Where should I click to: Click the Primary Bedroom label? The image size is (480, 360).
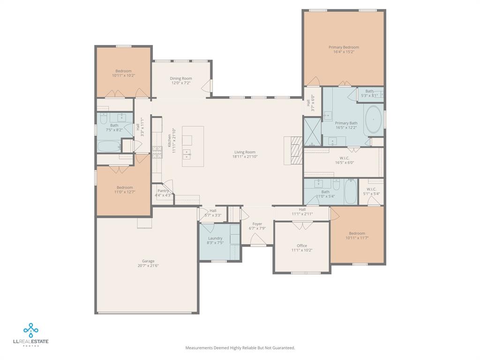tap(344, 47)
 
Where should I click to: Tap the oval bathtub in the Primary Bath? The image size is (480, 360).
tap(373, 120)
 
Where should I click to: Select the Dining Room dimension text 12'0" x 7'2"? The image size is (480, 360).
tap(180, 83)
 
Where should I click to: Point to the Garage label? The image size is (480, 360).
tap(148, 261)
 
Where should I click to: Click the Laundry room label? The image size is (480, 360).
tap(215, 238)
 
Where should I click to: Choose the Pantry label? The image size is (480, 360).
tap(163, 191)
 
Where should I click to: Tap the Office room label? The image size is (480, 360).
tap(301, 246)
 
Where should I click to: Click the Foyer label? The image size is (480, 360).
tap(257, 224)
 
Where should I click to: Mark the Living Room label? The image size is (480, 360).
tap(245, 152)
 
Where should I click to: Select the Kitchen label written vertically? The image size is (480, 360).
tap(170, 141)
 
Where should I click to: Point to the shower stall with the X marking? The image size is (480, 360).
tap(312, 132)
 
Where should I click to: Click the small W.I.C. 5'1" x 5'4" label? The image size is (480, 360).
tap(371, 189)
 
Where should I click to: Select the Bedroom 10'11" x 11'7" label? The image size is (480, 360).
tap(357, 233)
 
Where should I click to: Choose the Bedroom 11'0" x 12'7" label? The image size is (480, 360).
tap(125, 187)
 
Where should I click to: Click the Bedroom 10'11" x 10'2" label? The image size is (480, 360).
tap(123, 71)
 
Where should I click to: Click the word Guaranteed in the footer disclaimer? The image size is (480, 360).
tap(283, 348)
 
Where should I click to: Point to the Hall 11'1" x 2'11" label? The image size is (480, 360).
tap(302, 210)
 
